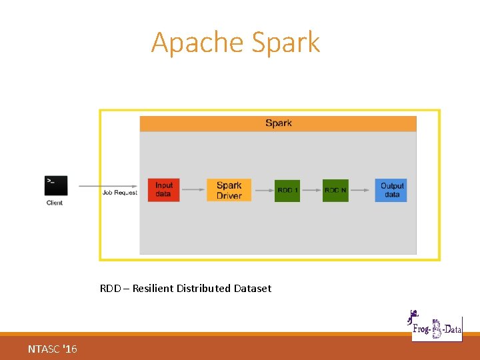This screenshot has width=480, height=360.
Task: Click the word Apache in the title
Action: (x=198, y=43)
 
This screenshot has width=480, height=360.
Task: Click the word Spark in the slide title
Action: (x=286, y=43)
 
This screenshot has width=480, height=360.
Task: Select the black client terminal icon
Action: (x=56, y=185)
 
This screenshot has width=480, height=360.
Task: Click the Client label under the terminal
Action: (x=55, y=203)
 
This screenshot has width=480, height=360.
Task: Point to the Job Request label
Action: (x=120, y=193)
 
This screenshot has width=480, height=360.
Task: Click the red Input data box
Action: (x=163, y=190)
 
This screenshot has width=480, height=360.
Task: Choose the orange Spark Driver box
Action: (x=229, y=190)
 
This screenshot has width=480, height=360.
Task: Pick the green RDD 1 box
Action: (x=287, y=190)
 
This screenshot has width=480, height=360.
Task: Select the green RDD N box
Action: (x=335, y=190)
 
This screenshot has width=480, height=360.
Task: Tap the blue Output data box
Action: (x=392, y=190)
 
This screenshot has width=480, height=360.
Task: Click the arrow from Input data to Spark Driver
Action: (x=193, y=190)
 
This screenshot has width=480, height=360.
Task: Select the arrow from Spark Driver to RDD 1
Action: (x=263, y=190)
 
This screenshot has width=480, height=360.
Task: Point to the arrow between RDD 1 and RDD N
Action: (x=311, y=190)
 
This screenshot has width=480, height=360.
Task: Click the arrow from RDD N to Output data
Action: (x=360, y=190)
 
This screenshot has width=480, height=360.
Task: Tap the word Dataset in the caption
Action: (x=253, y=289)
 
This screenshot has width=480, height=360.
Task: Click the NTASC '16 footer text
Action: (x=53, y=349)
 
